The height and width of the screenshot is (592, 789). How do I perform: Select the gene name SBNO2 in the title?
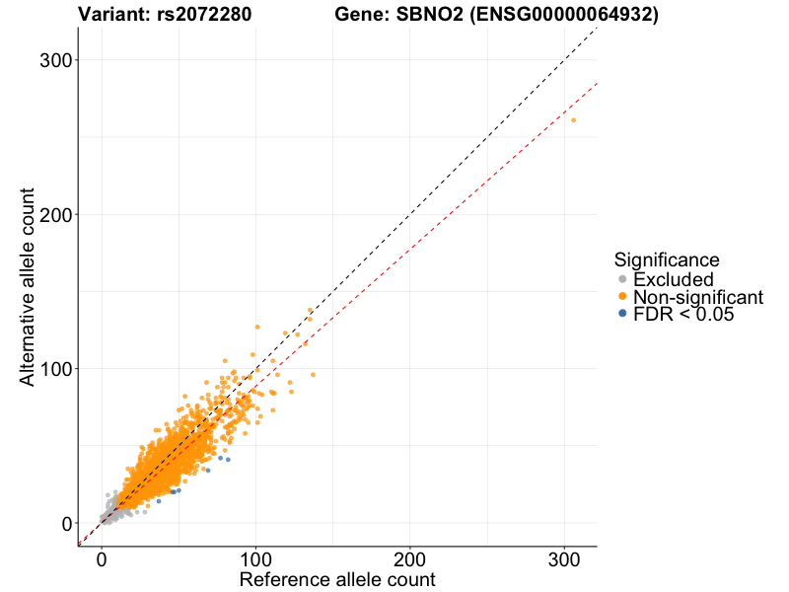pyautogui.click(x=441, y=15)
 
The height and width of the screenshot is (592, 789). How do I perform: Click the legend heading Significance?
pyautogui.click(x=666, y=259)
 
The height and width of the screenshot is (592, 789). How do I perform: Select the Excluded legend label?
pyautogui.click(x=673, y=279)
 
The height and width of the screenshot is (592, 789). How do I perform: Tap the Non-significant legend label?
pyautogui.click(x=697, y=297)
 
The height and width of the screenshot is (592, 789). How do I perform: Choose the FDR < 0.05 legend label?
pyautogui.click(x=683, y=314)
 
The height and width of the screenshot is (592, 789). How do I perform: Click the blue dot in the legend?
pyautogui.click(x=621, y=314)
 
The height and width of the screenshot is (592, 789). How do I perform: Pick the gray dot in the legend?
pyautogui.click(x=621, y=279)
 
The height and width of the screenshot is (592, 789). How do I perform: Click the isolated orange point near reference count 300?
pyautogui.click(x=574, y=120)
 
